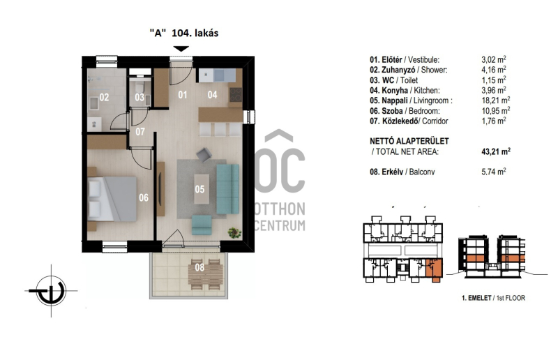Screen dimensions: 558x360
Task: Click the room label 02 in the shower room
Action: click(104, 97)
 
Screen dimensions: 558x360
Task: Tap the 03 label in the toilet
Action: click(139, 97)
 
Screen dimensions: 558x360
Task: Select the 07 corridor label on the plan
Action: click(140, 132)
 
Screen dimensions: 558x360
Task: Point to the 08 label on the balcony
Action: click(199, 267)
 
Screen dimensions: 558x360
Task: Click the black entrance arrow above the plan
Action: click(181, 49)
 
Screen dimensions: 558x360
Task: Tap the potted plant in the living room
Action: click(235, 232)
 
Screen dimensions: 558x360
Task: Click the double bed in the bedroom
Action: click(112, 199)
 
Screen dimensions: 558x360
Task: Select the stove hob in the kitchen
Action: click(236, 95)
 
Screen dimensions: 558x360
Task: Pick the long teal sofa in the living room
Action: click(228, 189)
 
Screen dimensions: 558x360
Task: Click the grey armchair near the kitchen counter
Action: click(204, 155)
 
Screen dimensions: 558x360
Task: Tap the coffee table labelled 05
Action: click(202, 189)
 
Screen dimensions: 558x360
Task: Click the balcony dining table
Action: click(205, 275)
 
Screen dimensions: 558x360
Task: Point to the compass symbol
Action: click(51, 291)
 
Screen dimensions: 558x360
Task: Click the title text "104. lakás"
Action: click(195, 33)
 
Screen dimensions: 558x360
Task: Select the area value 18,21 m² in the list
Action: click(496, 100)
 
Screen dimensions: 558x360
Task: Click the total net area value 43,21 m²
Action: click(496, 151)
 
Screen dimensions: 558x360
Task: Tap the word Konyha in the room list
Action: click(395, 91)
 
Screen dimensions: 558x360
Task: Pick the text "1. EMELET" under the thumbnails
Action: click(476, 298)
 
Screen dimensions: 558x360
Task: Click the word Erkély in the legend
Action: click(392, 172)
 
